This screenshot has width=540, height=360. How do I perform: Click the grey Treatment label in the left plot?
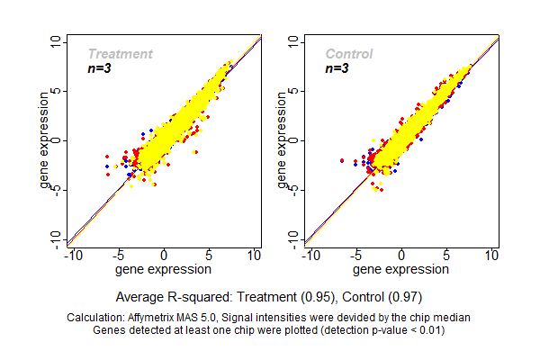(x=120, y=54)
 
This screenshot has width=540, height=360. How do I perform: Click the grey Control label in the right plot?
(x=348, y=54)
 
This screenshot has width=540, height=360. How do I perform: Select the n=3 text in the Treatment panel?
(x=99, y=68)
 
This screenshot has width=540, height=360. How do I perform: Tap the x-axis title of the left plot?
(x=165, y=268)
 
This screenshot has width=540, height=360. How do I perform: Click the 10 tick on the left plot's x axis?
(x=256, y=256)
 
